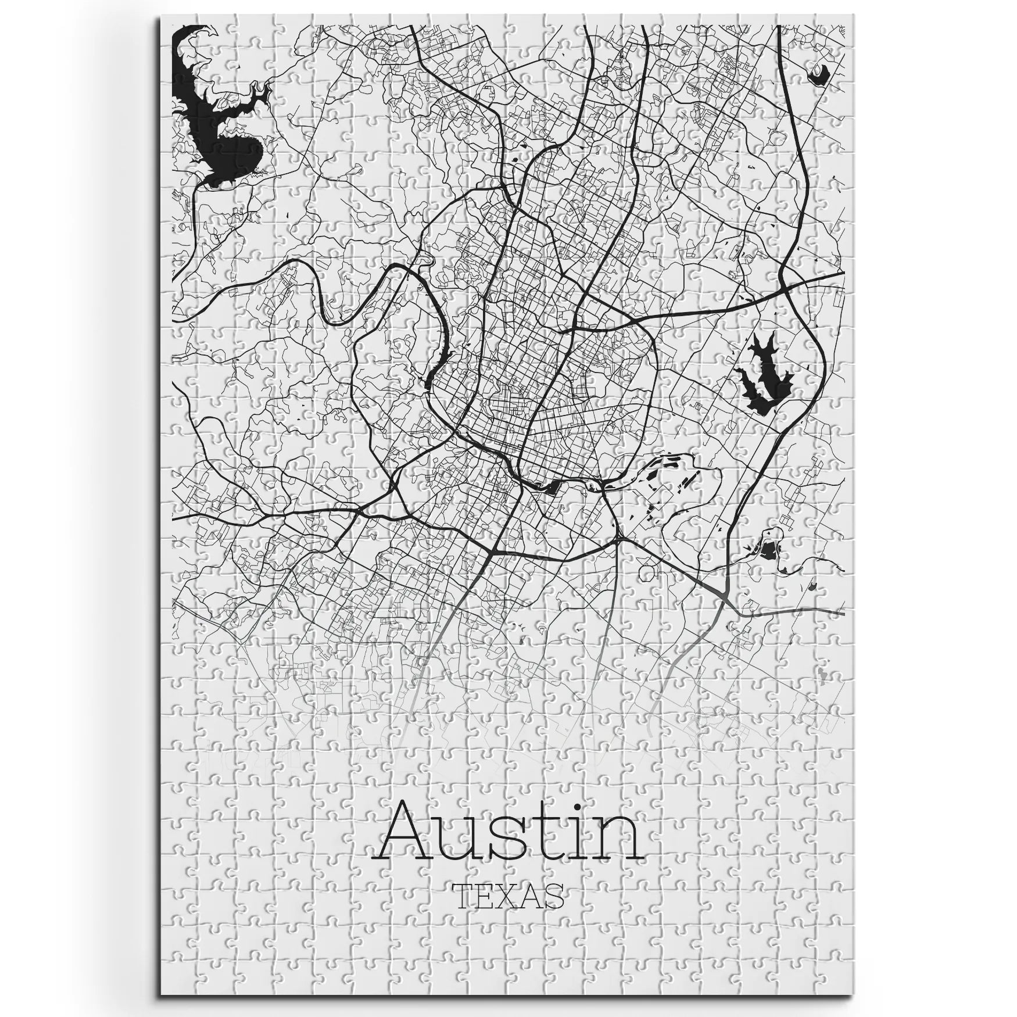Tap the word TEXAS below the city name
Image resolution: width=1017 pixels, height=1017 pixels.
(509, 912)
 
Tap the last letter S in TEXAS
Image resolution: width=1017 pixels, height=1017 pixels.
(553, 912)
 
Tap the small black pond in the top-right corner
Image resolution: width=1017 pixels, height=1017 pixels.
(819, 74)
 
